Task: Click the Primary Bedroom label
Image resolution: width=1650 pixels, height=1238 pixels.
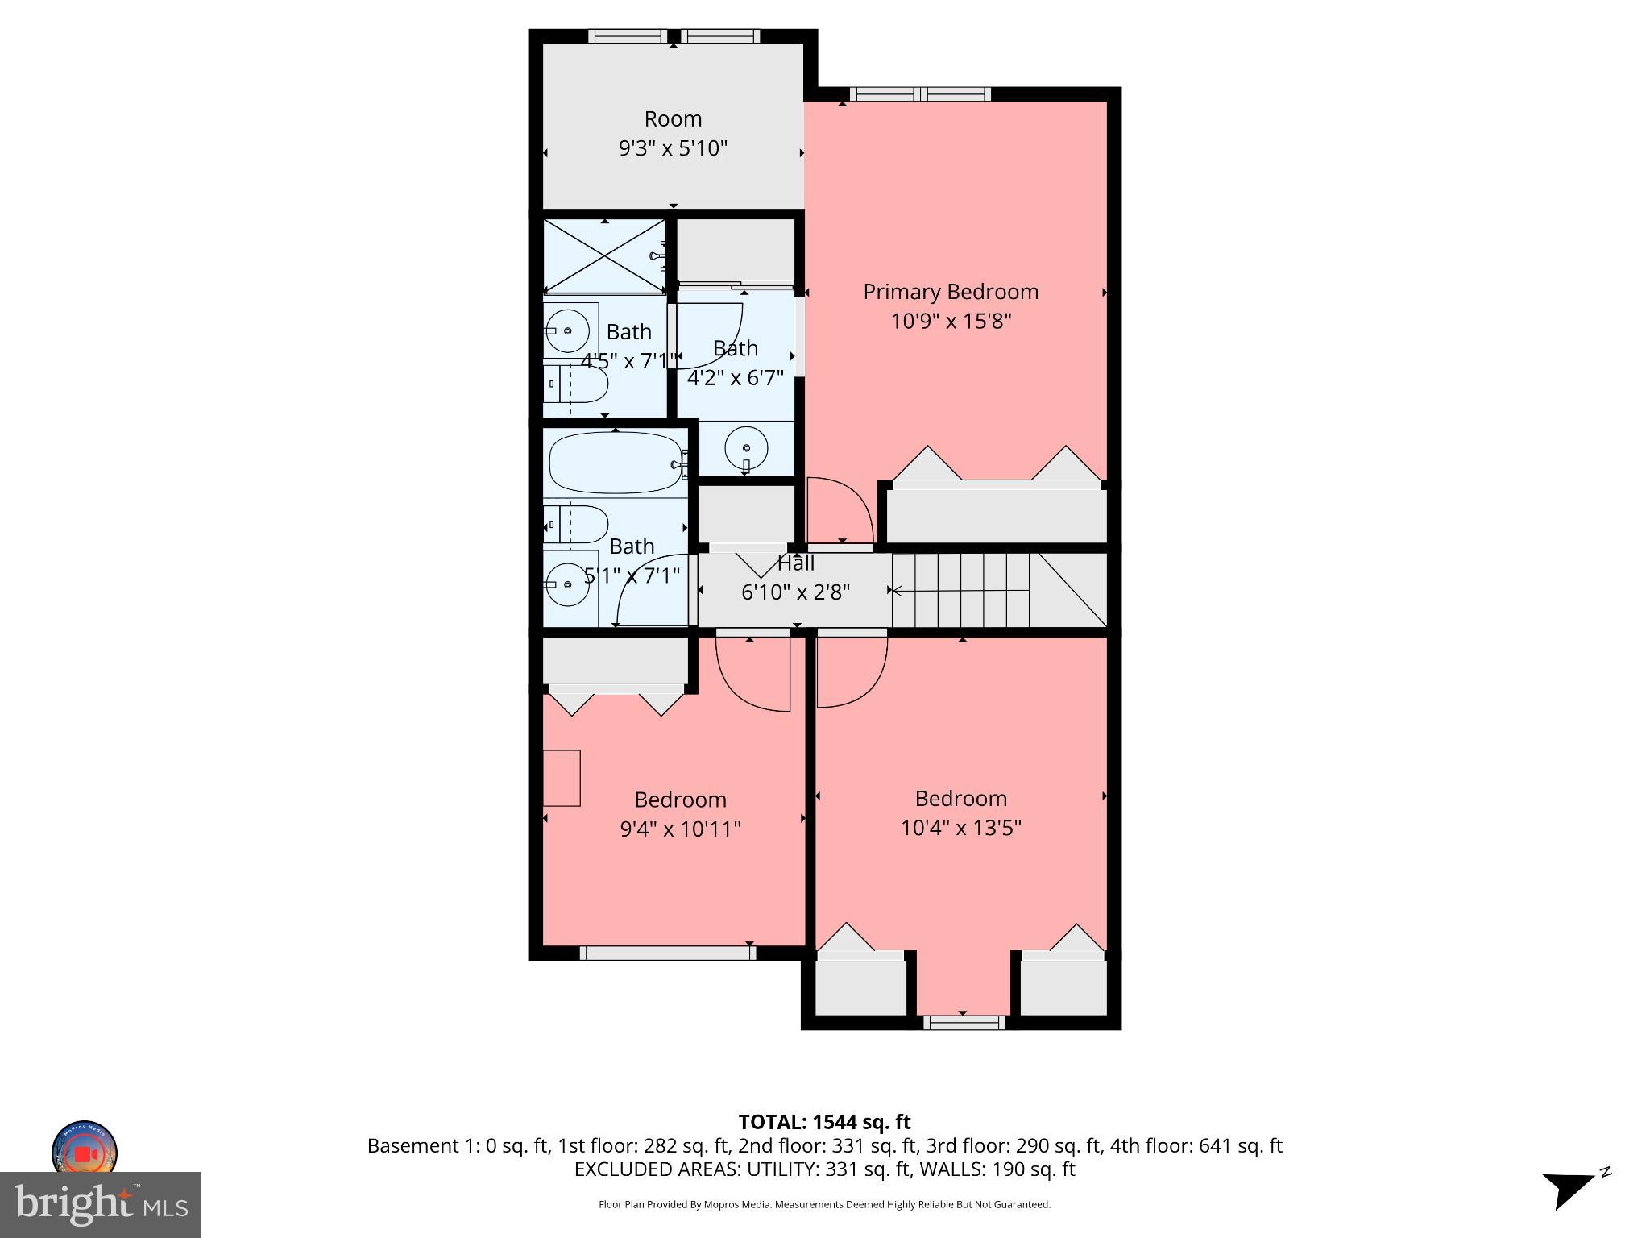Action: coord(951,292)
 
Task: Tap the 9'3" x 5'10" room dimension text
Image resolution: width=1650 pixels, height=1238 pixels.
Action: coord(673,148)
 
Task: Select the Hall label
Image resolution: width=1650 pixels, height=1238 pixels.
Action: coord(796,563)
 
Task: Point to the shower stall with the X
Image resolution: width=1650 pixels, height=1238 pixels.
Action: coord(604,256)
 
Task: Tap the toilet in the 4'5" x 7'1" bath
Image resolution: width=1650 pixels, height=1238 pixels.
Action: coord(575,384)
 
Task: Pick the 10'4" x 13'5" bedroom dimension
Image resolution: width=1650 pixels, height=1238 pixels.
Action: coord(961,828)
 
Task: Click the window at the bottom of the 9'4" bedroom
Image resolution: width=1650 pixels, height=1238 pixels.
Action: coord(667,953)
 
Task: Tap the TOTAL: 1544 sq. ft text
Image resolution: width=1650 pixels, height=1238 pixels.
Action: coord(824,1122)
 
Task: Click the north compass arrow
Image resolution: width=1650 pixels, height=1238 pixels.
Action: coord(1569,1188)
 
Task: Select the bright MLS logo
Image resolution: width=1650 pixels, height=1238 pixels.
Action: coord(100,1205)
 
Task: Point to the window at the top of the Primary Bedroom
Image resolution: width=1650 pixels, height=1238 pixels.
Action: coord(920,94)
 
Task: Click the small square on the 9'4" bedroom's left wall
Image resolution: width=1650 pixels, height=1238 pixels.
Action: coord(562,778)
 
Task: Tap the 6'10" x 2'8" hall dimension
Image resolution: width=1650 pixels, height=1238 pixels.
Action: coord(795,592)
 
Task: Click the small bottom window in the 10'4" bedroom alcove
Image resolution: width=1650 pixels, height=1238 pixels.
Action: coord(964,1023)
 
